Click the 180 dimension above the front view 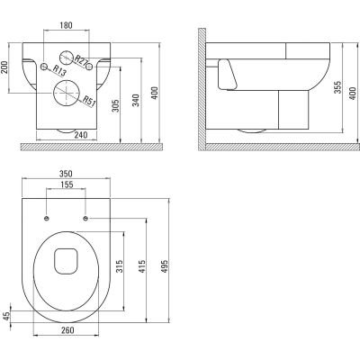(66, 25)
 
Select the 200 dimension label (4, 67)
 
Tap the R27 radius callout (81, 60)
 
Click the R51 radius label (89, 101)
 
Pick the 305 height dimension (116, 106)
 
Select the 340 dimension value (136, 100)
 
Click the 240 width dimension (81, 135)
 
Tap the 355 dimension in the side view (337, 87)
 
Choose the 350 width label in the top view (66, 174)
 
